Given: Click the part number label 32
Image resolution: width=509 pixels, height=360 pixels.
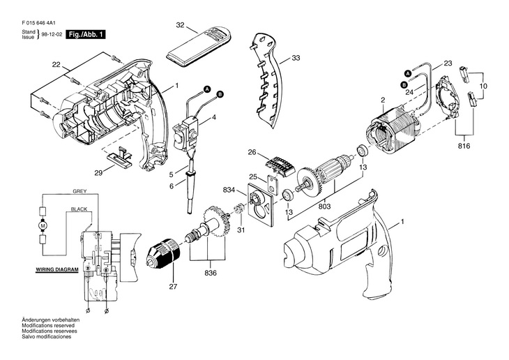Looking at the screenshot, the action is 180,25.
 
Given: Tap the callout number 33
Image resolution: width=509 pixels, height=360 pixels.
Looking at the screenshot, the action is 296,58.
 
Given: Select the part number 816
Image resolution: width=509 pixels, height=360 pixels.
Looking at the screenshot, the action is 464,147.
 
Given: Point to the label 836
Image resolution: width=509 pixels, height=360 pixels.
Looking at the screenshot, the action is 211,273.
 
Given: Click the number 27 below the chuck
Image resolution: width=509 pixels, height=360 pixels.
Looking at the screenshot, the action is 173,287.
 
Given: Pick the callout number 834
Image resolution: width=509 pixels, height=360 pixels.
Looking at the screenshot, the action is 229,190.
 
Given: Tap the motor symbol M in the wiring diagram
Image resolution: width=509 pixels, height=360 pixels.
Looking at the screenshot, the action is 43,225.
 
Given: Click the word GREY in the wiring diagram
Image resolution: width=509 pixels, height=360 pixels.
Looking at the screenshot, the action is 79,191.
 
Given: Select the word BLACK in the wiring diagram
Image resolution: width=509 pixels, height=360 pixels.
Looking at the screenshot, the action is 79,209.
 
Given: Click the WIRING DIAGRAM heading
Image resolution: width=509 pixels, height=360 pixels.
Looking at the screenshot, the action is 56,270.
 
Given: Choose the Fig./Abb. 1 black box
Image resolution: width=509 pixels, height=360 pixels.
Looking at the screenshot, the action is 86,34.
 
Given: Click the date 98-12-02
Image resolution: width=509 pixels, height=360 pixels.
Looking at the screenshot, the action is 52,34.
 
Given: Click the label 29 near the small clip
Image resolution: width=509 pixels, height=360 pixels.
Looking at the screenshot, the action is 98,173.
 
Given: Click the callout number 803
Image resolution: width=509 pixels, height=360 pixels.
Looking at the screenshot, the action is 325,206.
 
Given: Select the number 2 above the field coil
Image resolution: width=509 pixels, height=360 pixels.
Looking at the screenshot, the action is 383,100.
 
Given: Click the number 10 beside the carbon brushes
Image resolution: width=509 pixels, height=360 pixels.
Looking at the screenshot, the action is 483,86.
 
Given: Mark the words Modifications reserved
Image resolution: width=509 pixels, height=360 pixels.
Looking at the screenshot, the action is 48,325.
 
